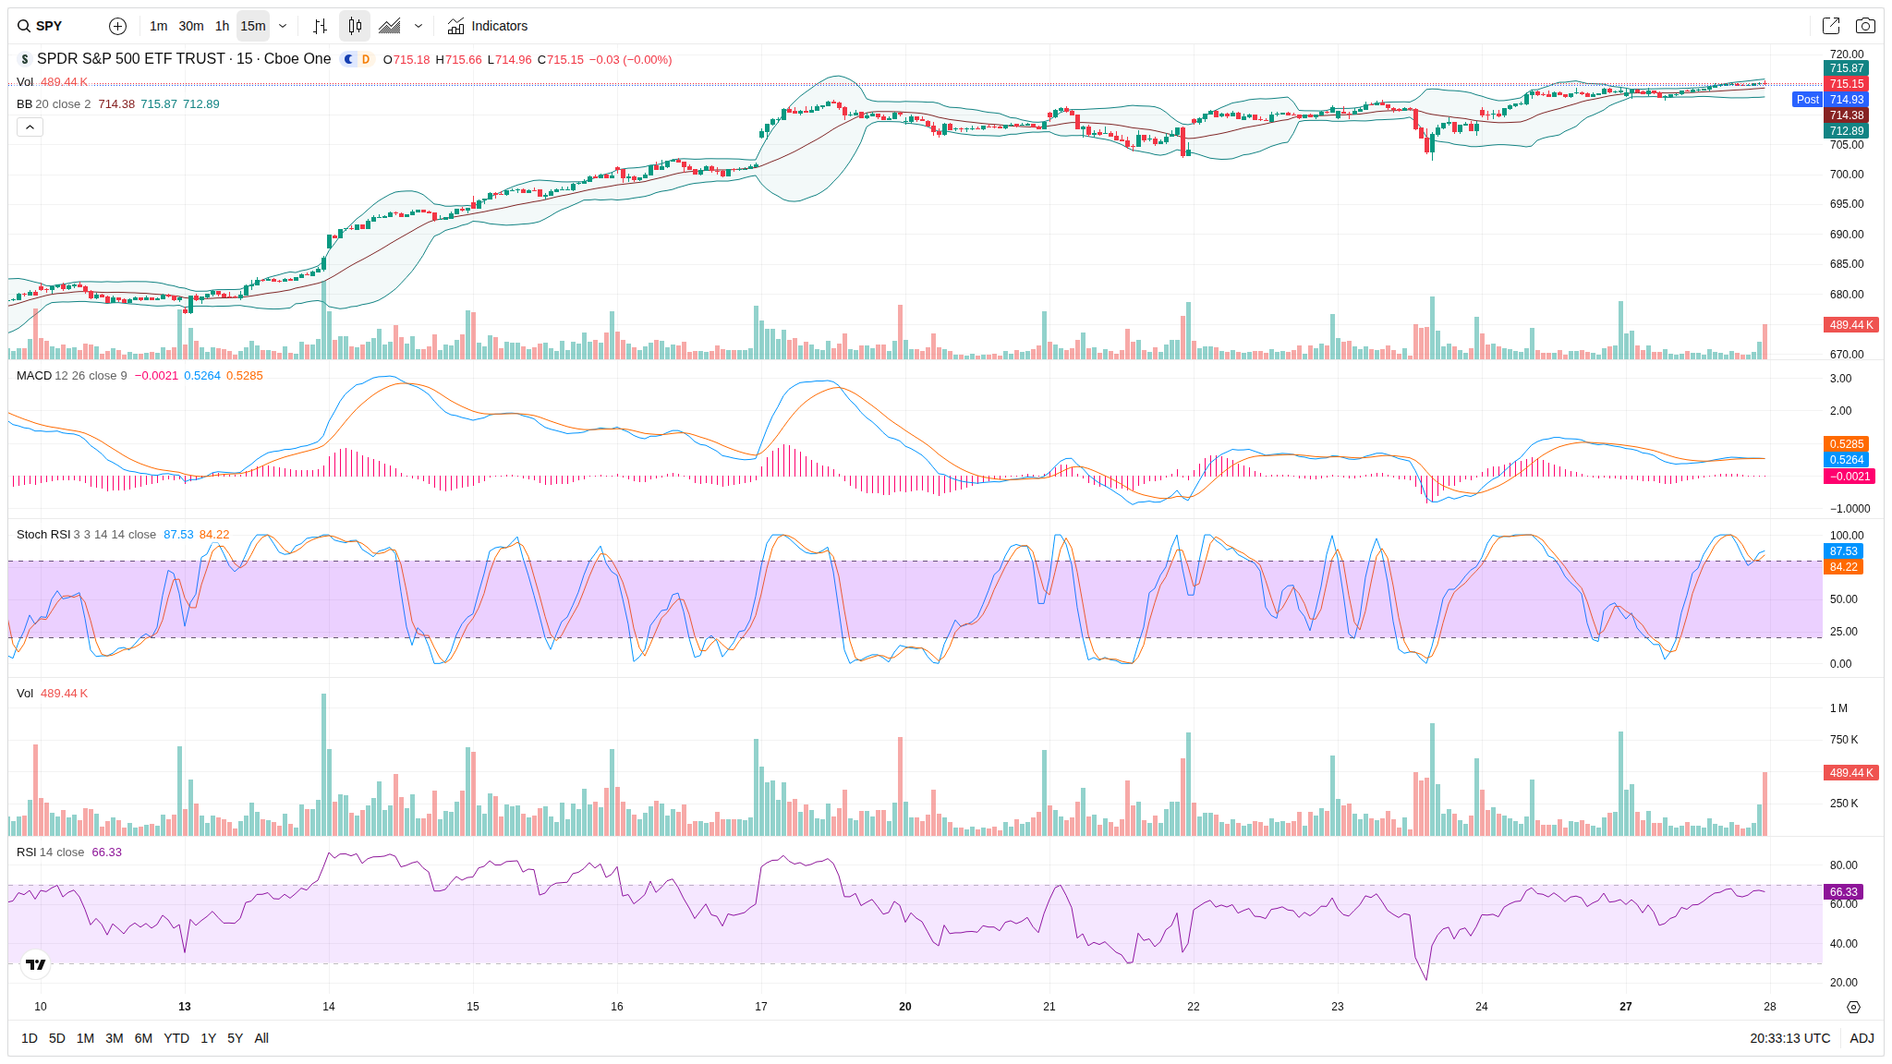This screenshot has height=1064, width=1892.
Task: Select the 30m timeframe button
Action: [191, 26]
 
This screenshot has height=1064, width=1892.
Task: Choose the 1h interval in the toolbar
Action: [222, 26]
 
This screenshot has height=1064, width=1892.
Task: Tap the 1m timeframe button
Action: [158, 26]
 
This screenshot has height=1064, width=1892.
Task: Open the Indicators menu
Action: [488, 26]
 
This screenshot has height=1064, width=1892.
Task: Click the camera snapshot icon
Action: [1865, 26]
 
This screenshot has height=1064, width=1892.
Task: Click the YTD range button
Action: [176, 1038]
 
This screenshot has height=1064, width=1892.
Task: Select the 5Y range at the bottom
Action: [235, 1038]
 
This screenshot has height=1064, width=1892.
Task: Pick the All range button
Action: [261, 1038]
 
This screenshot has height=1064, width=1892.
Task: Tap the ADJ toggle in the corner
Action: [1862, 1038]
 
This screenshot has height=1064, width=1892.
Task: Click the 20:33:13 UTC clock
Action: [1789, 1038]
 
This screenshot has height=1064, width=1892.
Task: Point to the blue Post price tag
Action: [1807, 100]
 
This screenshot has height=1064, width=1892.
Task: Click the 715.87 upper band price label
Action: [1846, 68]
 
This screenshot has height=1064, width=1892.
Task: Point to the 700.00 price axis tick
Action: [1846, 175]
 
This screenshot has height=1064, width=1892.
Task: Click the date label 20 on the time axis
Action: [905, 1007]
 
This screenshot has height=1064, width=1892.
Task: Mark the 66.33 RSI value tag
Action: [1843, 892]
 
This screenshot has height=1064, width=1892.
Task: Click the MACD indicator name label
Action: [34, 376]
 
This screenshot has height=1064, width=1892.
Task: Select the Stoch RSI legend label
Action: [43, 535]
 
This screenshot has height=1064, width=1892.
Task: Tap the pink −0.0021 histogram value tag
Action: [1849, 477]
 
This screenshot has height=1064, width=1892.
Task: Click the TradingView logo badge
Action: [36, 964]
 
